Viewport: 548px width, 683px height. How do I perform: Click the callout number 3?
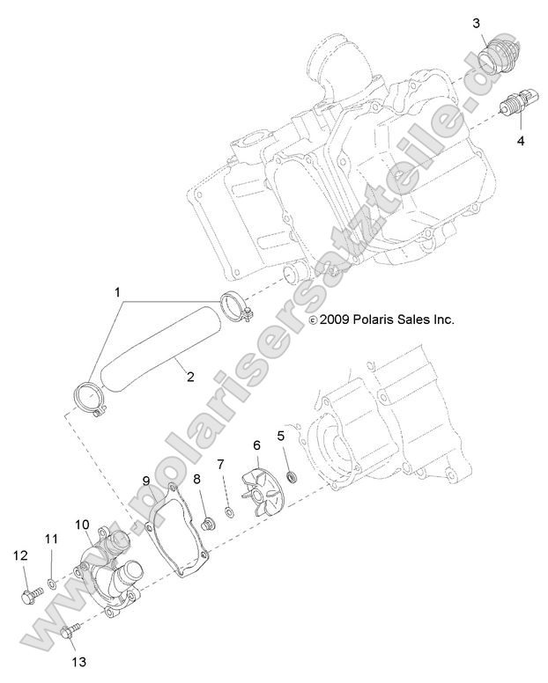tap(477, 23)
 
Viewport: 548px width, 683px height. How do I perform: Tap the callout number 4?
tap(521, 141)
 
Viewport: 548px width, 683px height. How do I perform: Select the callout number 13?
tap(79, 662)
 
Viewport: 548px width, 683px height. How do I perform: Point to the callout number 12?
tap(20, 555)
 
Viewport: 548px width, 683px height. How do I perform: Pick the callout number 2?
tap(190, 377)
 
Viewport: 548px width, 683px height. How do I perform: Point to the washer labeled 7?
tap(229, 512)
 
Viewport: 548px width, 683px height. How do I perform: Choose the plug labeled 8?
tap(209, 524)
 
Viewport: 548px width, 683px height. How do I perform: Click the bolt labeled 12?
tap(33, 595)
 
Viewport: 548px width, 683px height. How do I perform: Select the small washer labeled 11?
tap(51, 583)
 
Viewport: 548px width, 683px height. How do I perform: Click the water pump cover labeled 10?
tap(109, 571)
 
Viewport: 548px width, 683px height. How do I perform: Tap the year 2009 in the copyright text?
tap(335, 319)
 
